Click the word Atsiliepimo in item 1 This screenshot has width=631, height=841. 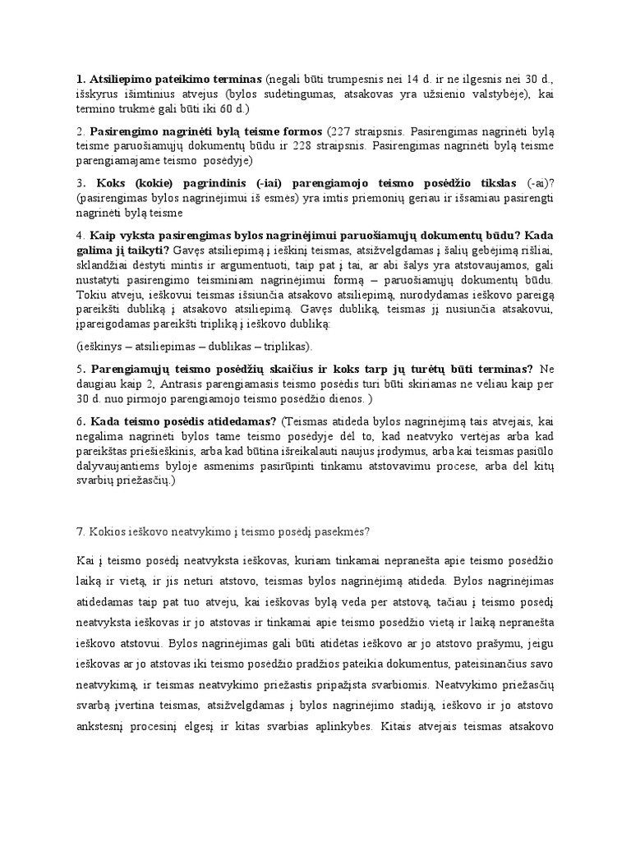(114, 80)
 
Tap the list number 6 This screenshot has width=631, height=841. (79, 421)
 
